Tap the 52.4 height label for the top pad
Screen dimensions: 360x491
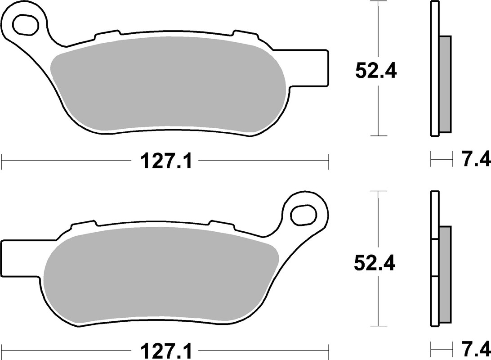(x=376, y=71)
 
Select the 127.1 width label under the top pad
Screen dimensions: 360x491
(x=166, y=161)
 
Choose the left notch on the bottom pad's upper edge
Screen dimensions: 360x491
(x=84, y=224)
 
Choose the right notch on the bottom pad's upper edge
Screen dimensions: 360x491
(x=221, y=224)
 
